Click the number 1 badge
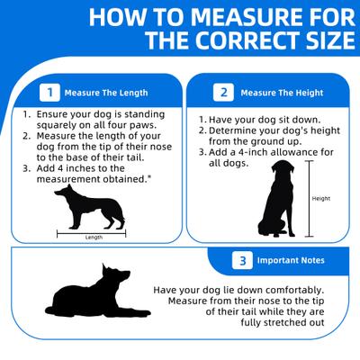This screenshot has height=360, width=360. pyautogui.click(x=49, y=93)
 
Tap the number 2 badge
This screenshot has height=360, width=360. pyautogui.click(x=223, y=93)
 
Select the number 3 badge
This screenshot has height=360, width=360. pyautogui.click(x=242, y=260)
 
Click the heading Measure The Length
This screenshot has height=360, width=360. pyautogui.click(x=106, y=93)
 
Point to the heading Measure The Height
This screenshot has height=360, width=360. pyautogui.click(x=282, y=93)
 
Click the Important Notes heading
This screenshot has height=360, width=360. pyautogui.click(x=291, y=260)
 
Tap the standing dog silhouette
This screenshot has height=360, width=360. pyautogui.click(x=90, y=207)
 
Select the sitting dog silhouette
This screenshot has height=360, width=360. pyautogui.click(x=276, y=199)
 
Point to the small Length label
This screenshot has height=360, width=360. pyautogui.click(x=94, y=238)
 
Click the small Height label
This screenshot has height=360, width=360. pyautogui.click(x=321, y=199)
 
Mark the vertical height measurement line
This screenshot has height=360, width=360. pyautogui.click(x=309, y=199)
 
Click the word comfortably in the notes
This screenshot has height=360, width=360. pyautogui.click(x=295, y=291)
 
